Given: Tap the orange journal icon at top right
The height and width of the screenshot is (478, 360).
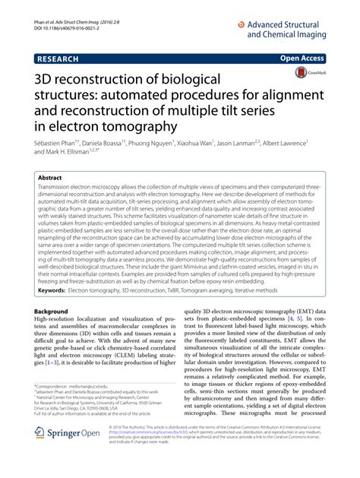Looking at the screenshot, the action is point(242,24).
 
